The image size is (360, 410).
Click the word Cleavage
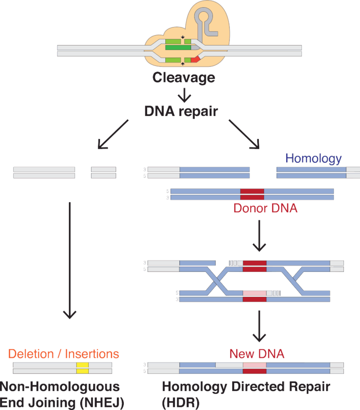coord(184,78)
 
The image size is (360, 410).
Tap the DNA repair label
coord(181,111)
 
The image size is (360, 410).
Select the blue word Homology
coord(314,158)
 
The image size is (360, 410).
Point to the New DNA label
coord(257,354)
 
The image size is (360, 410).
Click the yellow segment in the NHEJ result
coord(82,368)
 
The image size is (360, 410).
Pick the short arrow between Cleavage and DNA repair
coord(184,95)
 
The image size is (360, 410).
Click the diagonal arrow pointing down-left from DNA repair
coord(113,134)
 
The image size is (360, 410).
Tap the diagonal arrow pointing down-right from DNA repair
coord(245,134)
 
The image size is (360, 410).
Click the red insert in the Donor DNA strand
coord(252,194)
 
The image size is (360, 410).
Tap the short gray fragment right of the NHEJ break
coord(103,173)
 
